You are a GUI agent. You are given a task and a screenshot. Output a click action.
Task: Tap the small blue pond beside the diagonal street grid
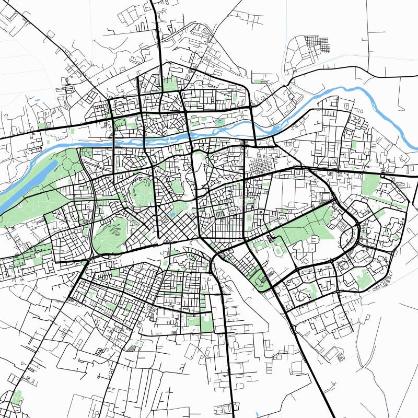pyautogui.click(x=172, y=214)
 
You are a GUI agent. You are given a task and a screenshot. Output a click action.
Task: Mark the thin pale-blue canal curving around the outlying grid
pyautogui.click(x=287, y=57)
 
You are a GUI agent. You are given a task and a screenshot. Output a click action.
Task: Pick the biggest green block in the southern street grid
pyautogui.click(x=206, y=324)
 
